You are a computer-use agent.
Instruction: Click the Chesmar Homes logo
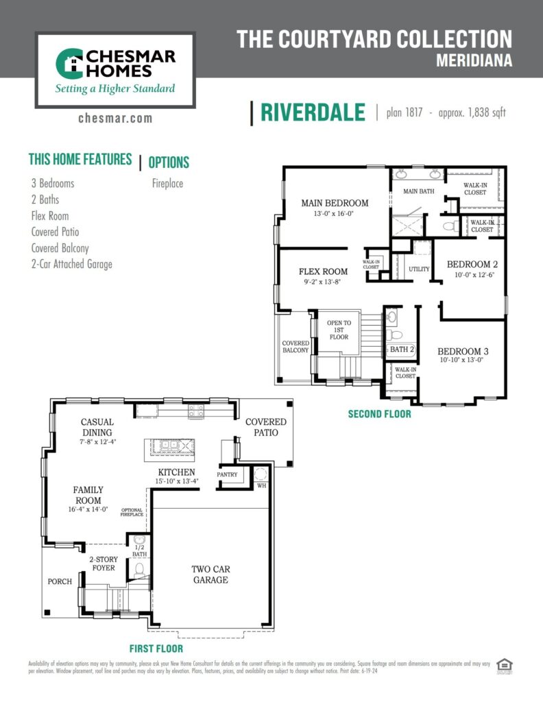click(x=115, y=69)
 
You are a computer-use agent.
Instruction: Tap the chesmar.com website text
click(x=115, y=118)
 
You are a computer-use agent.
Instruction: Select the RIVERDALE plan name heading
click(x=313, y=113)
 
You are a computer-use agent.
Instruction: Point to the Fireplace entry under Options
click(x=167, y=184)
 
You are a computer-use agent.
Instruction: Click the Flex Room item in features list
click(x=50, y=216)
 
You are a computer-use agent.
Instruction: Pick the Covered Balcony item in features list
click(x=60, y=248)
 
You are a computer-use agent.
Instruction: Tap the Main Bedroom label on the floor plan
click(x=335, y=203)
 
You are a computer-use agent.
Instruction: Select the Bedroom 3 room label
click(x=463, y=350)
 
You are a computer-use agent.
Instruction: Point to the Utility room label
click(x=419, y=269)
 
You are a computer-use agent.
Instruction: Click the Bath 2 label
click(x=402, y=350)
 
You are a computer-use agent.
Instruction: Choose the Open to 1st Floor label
click(x=339, y=330)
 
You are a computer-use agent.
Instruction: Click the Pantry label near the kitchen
click(x=227, y=474)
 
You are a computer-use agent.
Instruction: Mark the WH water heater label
click(x=261, y=485)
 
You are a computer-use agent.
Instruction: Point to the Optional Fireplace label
click(x=132, y=512)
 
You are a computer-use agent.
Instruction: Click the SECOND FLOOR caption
click(x=379, y=414)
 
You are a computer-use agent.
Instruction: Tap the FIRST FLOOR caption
click(x=156, y=648)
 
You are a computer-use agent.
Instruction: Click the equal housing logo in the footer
click(x=505, y=664)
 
